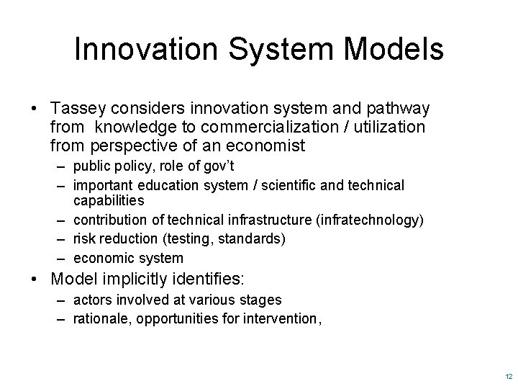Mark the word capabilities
[109, 200]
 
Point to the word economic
[101, 258]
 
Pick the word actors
[91, 300]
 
